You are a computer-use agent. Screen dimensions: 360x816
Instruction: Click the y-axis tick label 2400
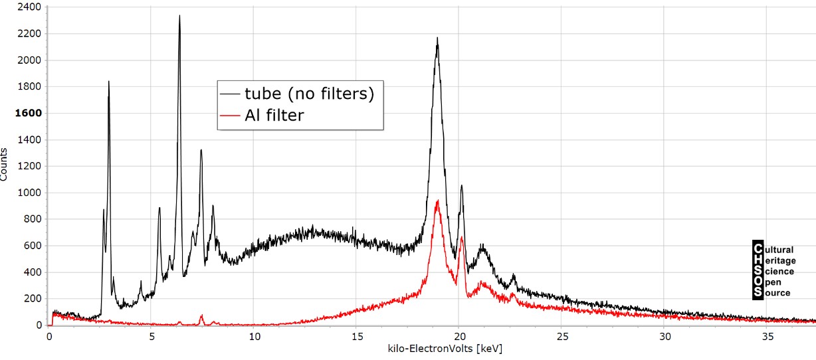pos(29,7)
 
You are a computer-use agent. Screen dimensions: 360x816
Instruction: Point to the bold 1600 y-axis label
pos(29,113)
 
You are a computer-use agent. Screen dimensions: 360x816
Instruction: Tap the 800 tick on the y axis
pos(32,219)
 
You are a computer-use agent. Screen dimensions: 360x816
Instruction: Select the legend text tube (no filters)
pos(310,94)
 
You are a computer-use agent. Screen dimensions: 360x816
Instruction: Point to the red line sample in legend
pos(229,116)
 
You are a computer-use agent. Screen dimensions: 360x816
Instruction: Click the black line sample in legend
pos(229,94)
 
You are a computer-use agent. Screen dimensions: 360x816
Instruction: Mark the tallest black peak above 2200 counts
pos(179,16)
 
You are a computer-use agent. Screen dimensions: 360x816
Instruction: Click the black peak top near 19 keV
pos(437,38)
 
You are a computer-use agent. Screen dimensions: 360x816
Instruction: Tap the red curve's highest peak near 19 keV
pos(437,201)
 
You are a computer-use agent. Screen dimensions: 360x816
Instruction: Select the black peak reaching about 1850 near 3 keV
pos(108,82)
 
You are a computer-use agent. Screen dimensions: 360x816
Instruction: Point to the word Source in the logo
pos(777,293)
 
